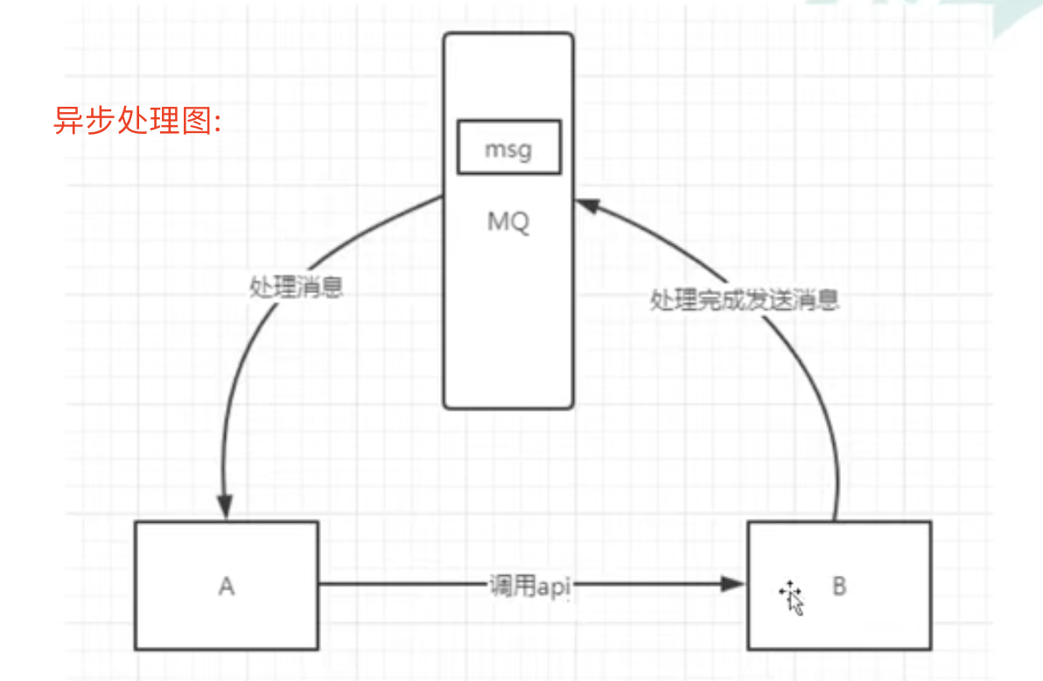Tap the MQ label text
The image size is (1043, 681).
pos(508,222)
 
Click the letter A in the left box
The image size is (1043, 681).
pos(227,586)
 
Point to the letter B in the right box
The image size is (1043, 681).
pos(839,586)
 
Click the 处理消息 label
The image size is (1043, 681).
pos(297,289)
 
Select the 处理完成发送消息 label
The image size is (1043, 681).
pos(745,300)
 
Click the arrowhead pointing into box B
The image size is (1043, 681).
pos(732,585)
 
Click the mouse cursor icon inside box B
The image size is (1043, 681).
pos(791,598)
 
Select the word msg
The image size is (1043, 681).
pos(507,150)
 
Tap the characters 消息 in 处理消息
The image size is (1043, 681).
pos(320,289)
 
